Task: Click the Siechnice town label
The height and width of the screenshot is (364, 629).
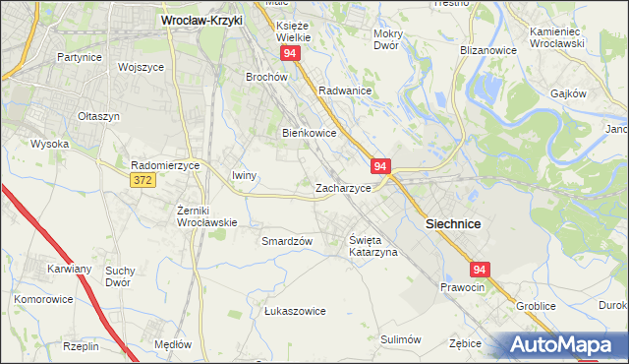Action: click(x=452, y=224)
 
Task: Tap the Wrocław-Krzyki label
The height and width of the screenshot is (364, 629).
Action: click(x=201, y=19)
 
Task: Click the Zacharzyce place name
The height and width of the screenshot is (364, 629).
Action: click(x=343, y=187)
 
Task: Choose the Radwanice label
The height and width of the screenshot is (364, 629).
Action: click(x=344, y=90)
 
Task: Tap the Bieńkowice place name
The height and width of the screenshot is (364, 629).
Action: click(x=311, y=133)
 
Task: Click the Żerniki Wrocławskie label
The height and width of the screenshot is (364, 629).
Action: click(x=204, y=216)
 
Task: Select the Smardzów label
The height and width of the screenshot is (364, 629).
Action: click(x=287, y=241)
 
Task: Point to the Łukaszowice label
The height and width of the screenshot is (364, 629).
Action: click(x=295, y=311)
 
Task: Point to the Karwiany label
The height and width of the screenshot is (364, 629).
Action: click(x=69, y=268)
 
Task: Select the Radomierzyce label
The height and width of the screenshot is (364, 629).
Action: click(x=165, y=166)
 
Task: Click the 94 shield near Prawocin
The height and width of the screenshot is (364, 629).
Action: click(x=479, y=269)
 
